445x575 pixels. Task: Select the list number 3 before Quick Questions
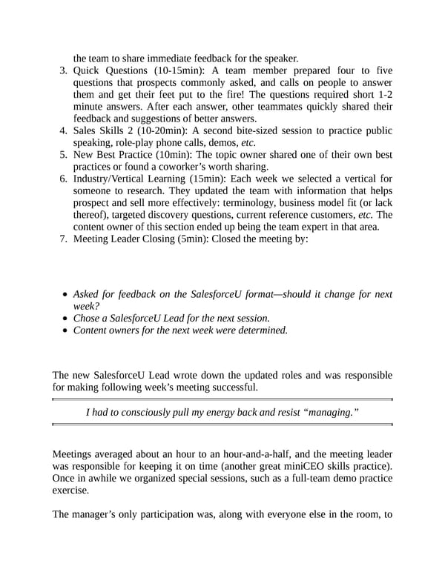[62, 70]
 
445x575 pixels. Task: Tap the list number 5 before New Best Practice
[62, 154]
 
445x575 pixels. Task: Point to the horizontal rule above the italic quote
[222, 399]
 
